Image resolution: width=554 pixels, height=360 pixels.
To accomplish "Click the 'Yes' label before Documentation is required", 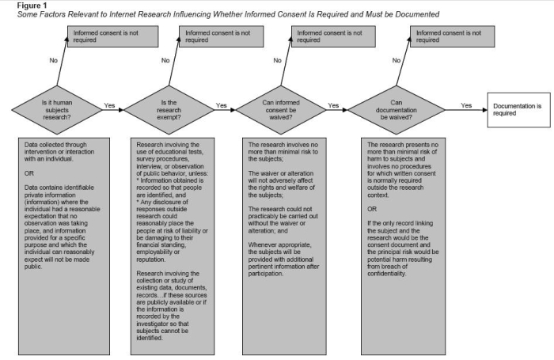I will click(466, 104).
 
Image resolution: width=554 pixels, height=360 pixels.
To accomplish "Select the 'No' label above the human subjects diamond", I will click(54, 59).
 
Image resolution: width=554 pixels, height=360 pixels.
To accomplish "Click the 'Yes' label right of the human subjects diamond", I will click(108, 104).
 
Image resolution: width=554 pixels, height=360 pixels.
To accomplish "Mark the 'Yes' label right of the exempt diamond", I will click(221, 104).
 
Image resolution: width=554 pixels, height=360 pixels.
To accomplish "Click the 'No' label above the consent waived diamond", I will click(277, 59).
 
